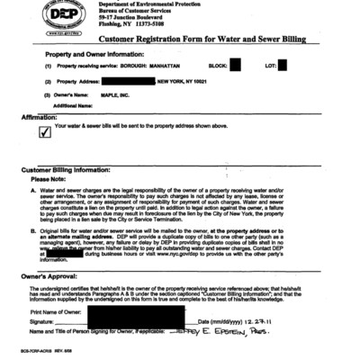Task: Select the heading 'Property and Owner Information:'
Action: click(78, 55)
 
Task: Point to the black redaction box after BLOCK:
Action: click(236, 65)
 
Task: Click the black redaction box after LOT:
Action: click(283, 65)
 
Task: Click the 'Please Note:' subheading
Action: click(51, 179)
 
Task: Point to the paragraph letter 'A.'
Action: click(33, 191)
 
